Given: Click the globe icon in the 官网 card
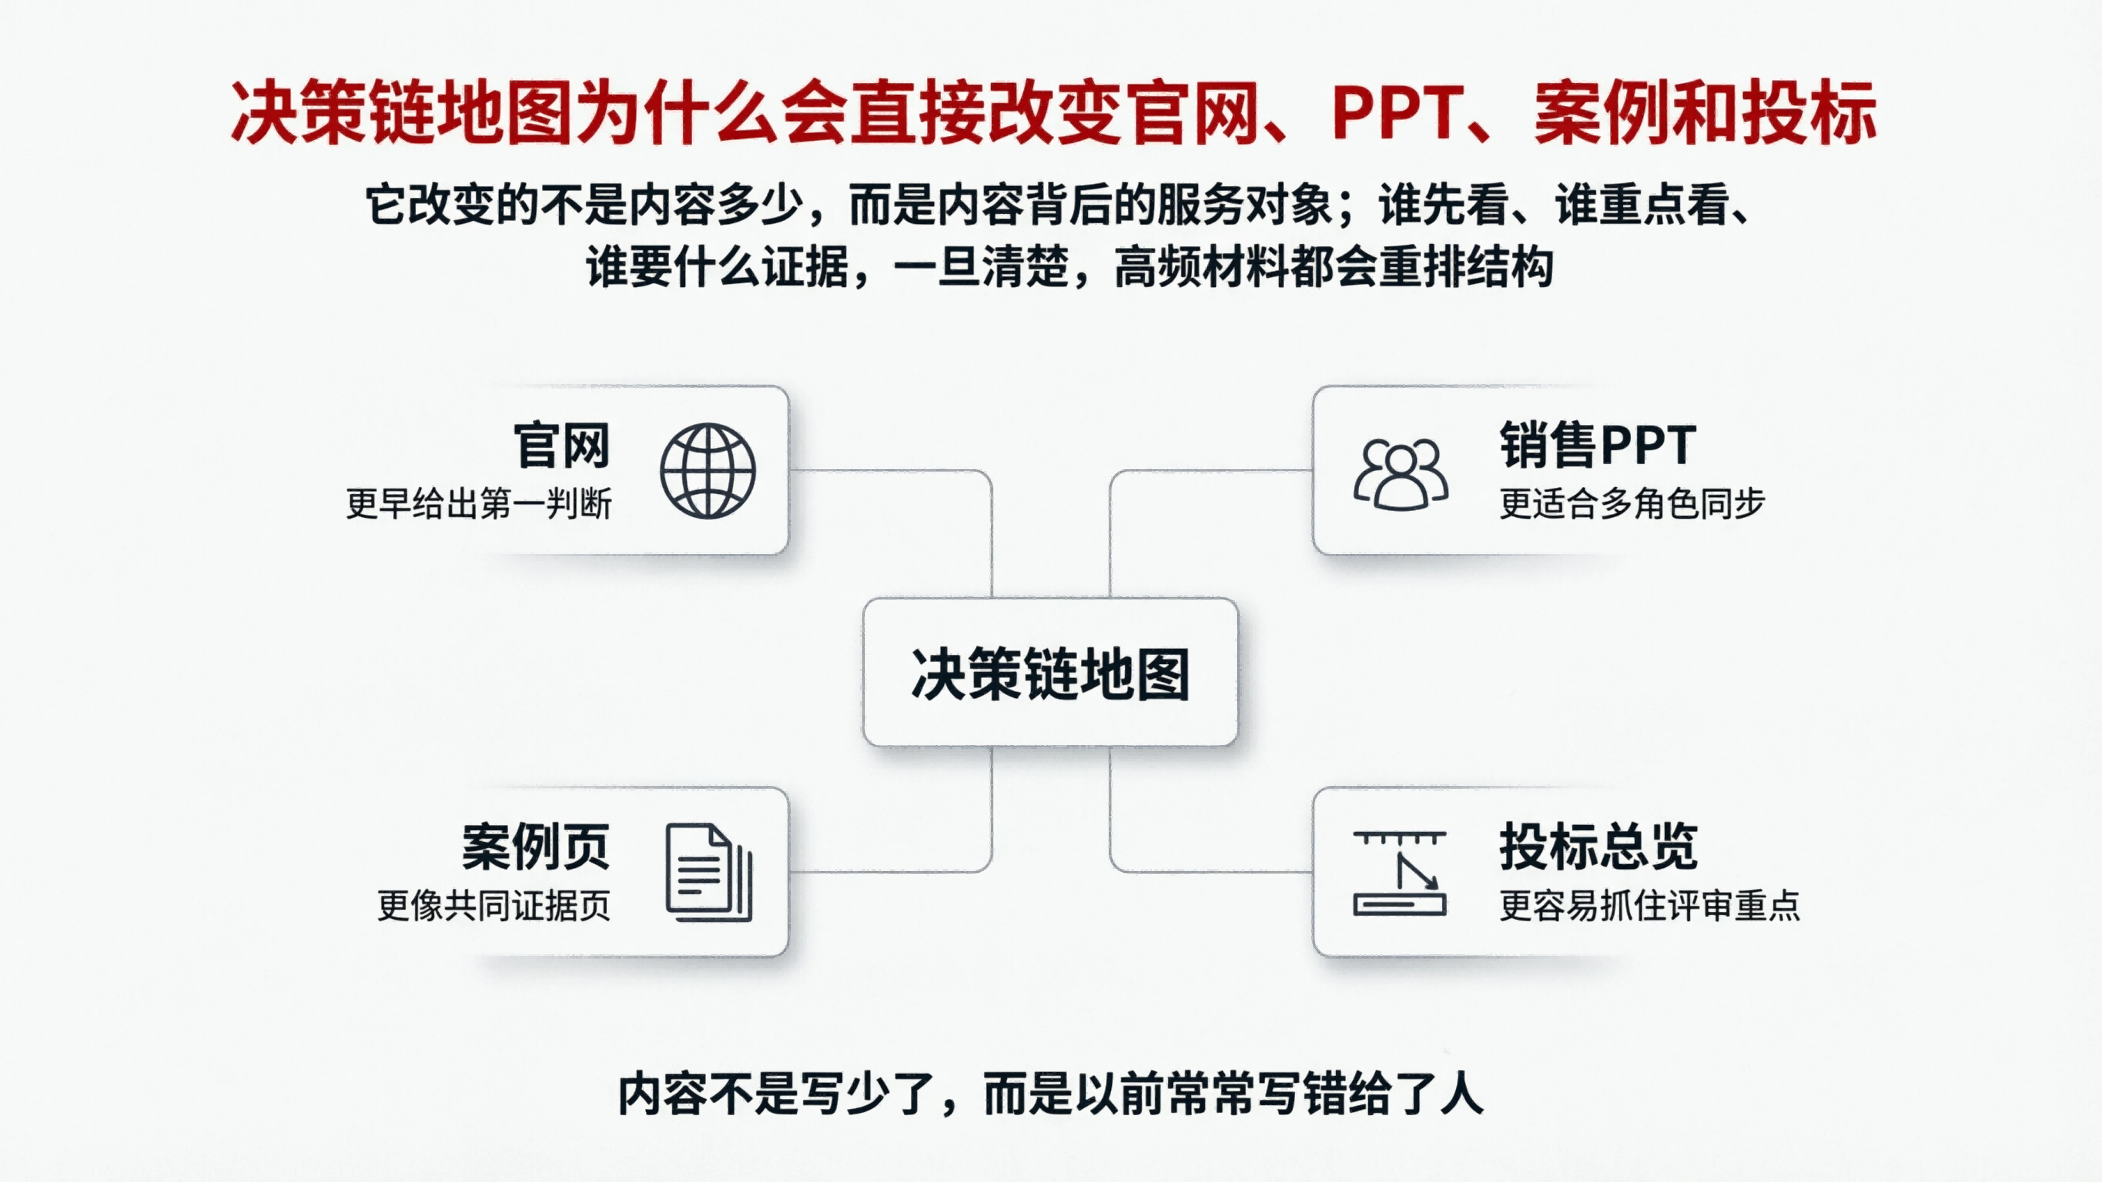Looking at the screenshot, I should point(707,471).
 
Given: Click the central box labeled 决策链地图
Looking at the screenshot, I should point(1050,673).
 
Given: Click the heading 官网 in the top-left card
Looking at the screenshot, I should point(562,445).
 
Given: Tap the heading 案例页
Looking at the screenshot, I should point(535,847).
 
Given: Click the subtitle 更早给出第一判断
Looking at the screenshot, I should point(479,503).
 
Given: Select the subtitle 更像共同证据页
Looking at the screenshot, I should point(494,905).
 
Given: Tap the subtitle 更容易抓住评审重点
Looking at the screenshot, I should point(1649,905).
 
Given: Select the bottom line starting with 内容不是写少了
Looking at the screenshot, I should point(1050,1094).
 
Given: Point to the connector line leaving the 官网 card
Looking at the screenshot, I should point(890,471).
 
